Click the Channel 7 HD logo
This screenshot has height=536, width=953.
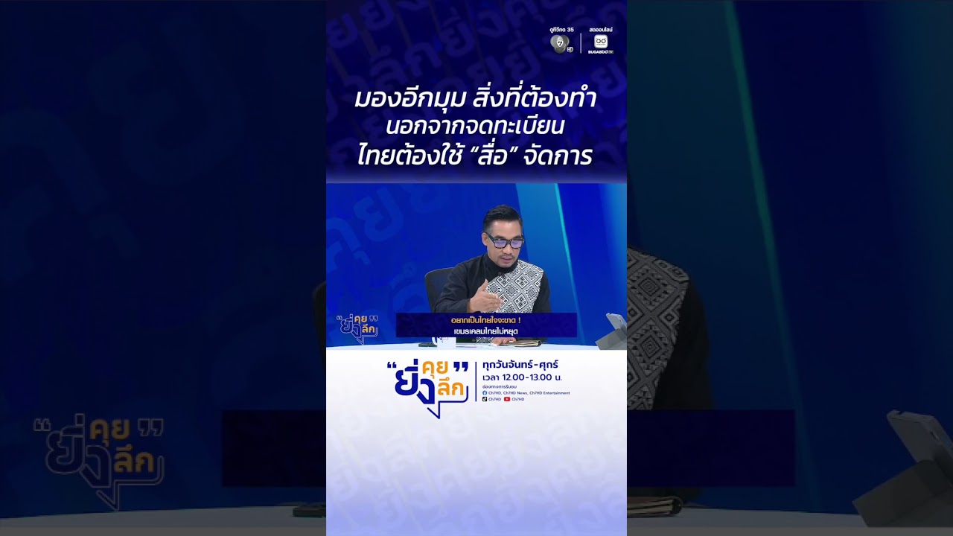[560, 43]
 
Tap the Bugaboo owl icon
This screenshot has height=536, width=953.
[600, 42]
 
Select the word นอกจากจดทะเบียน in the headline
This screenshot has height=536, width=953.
[475, 127]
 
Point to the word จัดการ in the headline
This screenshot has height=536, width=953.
[558, 156]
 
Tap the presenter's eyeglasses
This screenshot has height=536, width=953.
[506, 240]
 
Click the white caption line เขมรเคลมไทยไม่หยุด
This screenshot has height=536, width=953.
[485, 331]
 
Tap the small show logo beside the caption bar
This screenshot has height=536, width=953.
[357, 328]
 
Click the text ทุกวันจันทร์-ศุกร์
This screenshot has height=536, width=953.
[520, 365]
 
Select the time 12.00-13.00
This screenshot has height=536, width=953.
[531, 377]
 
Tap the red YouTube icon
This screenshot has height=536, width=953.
[507, 399]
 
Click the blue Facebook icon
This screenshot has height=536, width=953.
[485, 393]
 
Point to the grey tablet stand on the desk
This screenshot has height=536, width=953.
[610, 332]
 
